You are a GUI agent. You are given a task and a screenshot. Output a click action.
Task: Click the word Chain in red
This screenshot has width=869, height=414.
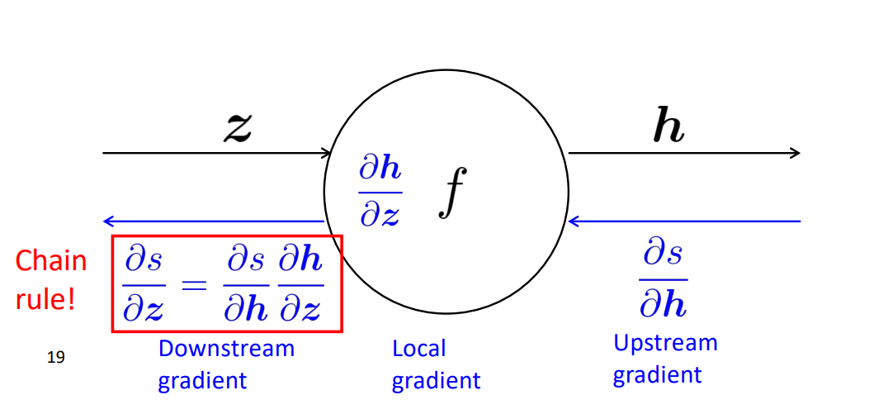(50, 261)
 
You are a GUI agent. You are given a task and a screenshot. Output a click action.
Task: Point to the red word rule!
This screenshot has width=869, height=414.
(45, 298)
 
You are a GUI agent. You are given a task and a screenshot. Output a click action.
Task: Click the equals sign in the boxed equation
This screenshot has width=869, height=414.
(191, 284)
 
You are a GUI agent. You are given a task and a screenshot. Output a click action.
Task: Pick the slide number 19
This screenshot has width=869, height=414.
(57, 357)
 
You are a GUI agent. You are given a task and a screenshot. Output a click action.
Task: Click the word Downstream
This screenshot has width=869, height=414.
(225, 349)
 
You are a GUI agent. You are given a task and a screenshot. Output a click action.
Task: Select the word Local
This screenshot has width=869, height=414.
(418, 349)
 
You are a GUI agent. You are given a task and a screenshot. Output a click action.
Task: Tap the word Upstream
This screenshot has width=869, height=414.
(665, 342)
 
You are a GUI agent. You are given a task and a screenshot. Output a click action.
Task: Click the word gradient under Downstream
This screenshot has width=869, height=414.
(202, 380)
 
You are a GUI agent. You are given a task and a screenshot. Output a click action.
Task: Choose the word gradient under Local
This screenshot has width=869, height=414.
(436, 381)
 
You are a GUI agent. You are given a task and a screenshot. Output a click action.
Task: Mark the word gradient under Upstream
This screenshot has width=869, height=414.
(657, 374)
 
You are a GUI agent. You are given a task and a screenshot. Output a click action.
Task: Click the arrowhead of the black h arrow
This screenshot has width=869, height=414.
(796, 153)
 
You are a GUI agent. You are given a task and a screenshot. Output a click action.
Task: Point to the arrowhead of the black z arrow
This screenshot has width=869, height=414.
(327, 153)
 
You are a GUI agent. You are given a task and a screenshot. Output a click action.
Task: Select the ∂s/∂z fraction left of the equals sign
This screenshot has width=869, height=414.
(144, 284)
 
